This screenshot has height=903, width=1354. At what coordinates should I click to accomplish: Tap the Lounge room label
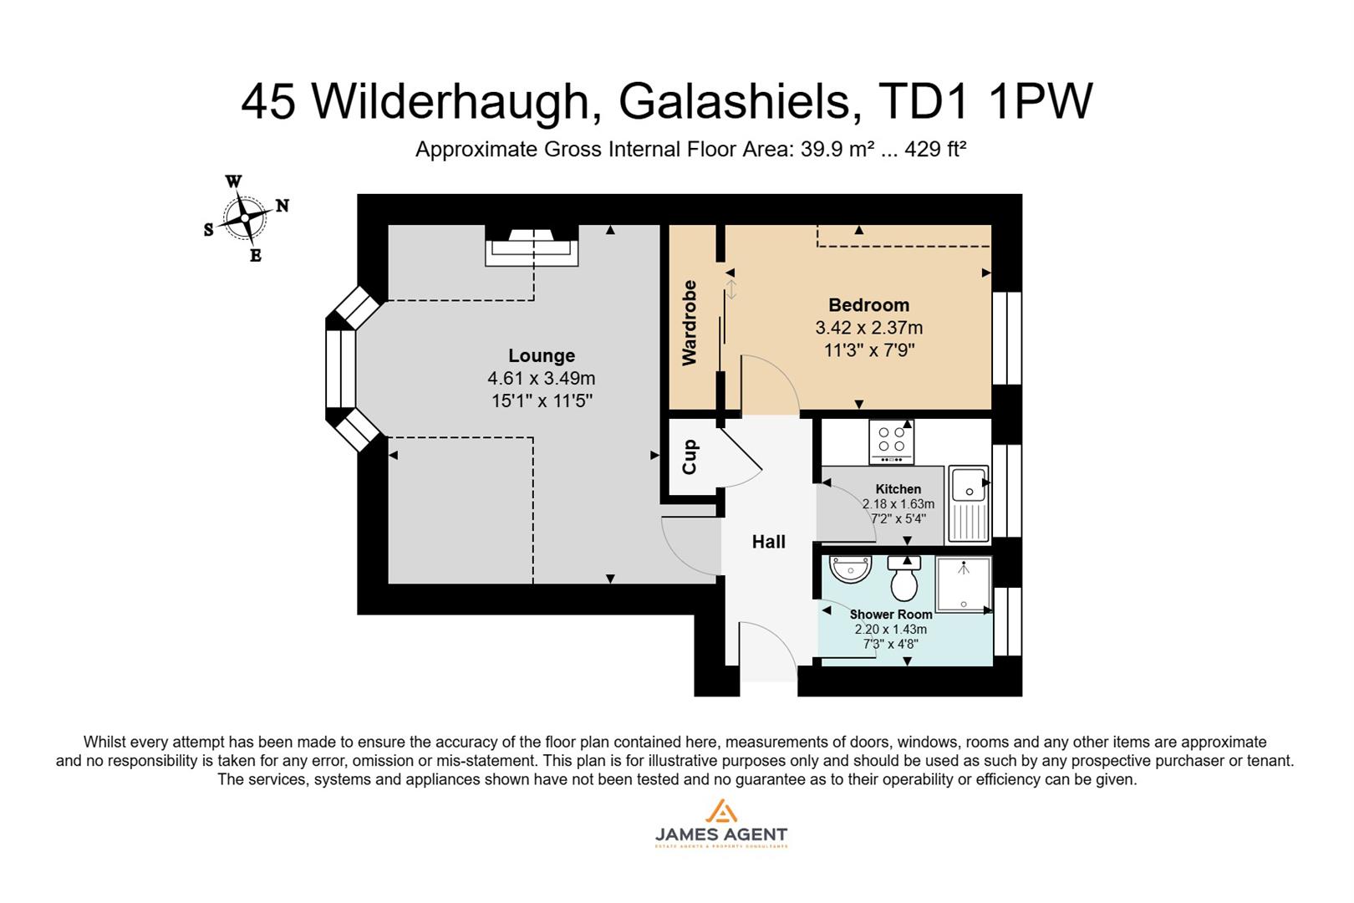click(542, 355)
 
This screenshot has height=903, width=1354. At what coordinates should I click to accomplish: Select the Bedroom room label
click(868, 305)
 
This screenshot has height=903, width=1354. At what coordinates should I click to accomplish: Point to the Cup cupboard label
click(690, 457)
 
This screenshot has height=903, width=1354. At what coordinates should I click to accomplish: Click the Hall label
click(768, 542)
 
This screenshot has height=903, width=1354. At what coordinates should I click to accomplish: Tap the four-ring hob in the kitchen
click(892, 441)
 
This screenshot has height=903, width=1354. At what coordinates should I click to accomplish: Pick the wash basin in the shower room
click(851, 569)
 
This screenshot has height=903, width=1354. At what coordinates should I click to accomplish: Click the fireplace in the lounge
click(532, 247)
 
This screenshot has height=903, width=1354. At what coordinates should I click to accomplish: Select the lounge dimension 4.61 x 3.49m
click(542, 379)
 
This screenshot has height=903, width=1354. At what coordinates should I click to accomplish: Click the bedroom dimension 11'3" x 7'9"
click(869, 350)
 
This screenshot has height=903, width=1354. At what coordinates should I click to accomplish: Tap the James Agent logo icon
click(720, 812)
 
